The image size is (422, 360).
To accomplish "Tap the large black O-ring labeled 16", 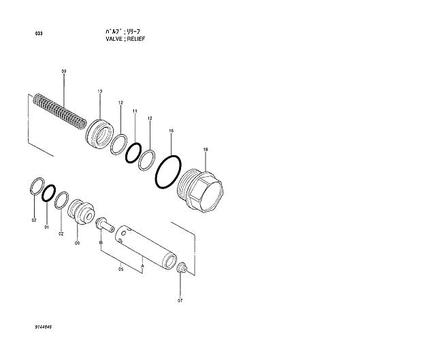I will coord(167,170).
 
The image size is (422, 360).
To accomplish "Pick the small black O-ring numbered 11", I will coord(133,152).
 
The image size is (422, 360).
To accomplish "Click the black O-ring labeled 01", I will coord(49,193).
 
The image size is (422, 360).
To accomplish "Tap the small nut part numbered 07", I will coord(181,269).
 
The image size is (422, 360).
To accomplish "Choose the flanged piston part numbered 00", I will coord(82,210).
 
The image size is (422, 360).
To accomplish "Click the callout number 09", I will coord(64,71).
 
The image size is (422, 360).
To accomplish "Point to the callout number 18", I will coord(206,149).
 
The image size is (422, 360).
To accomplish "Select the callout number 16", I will coord(171,130).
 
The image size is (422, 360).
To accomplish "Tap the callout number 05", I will coord(120,269).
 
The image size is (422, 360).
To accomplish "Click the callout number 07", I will coord(180,300).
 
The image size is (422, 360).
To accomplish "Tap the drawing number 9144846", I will coord(44,328).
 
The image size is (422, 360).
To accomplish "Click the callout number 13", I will coord(99,91).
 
